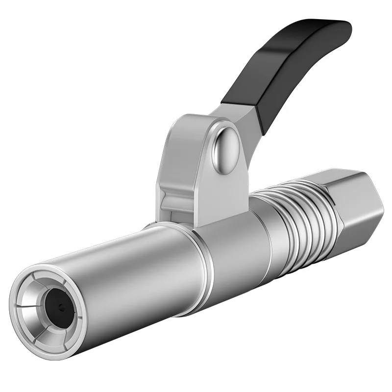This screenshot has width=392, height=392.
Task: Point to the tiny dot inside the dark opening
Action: (60, 308)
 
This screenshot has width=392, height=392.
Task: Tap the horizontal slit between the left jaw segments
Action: (27, 307)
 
